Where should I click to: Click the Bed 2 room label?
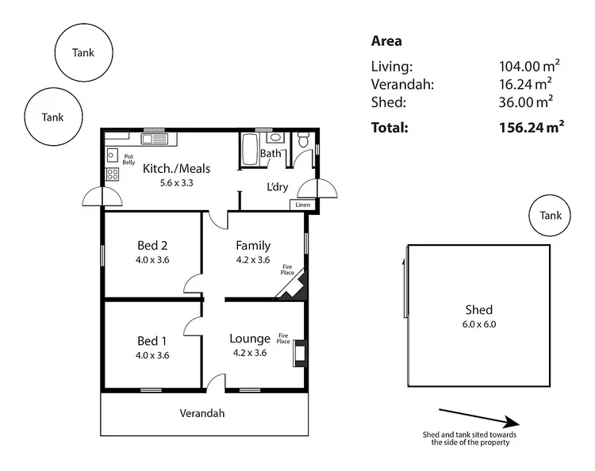(x=152, y=245)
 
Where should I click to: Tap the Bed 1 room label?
(x=152, y=341)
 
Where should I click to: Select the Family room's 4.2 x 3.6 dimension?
(x=253, y=259)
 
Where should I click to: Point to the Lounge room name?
(x=250, y=339)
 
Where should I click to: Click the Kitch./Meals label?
(x=176, y=168)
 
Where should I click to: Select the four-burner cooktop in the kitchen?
(x=113, y=174)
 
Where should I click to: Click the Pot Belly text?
(x=129, y=159)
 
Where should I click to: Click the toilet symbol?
(x=304, y=140)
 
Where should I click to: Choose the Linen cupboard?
(x=301, y=205)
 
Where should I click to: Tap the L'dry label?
(x=276, y=187)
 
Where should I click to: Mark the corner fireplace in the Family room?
(x=292, y=291)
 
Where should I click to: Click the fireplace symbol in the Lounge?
(x=298, y=353)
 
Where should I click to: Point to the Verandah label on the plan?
(x=202, y=413)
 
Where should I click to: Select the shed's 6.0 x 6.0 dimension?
(x=479, y=324)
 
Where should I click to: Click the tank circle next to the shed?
(x=550, y=216)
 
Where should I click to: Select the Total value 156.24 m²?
(x=526, y=126)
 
